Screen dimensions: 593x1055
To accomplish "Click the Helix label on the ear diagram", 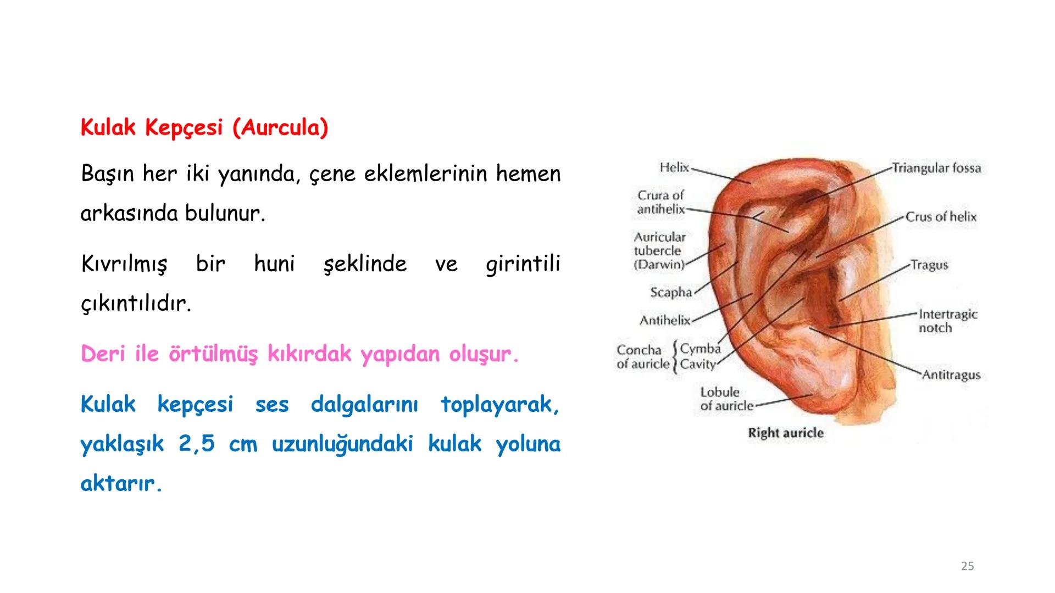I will coord(674,167).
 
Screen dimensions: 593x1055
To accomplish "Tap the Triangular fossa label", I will coord(936,167).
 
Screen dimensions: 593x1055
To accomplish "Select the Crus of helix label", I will coord(941,217).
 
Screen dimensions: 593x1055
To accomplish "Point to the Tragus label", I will coord(929,265).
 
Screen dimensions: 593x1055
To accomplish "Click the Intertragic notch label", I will coord(948,321).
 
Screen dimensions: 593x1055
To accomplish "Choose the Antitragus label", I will coord(951,375).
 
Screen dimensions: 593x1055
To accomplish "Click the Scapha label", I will coord(671,292).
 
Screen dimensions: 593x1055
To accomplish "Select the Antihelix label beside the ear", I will coord(664,320).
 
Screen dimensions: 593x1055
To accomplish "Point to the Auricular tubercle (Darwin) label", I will coord(659,251).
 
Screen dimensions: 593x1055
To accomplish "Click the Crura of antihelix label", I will coord(660,202).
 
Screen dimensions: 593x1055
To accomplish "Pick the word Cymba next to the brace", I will coord(700,349).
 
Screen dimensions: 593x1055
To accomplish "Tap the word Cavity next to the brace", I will coord(698,364).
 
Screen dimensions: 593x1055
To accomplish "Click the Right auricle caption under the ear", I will coord(786,433).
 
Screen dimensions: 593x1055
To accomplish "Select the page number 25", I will coord(967,566).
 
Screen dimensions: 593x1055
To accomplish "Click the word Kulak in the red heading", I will coord(108,127).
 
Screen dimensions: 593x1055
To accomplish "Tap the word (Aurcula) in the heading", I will coord(280,127).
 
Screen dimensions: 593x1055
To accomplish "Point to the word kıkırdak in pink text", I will coord(309,354).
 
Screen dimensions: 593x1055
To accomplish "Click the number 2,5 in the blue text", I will coord(196,444).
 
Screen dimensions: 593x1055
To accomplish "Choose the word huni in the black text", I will coord(274,264).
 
